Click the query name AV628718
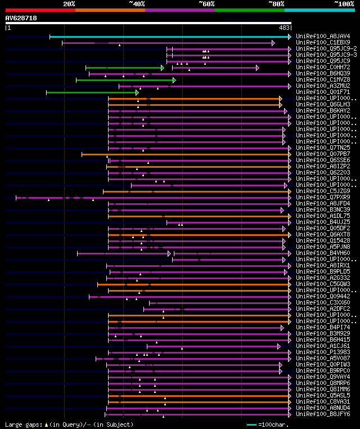[21, 18]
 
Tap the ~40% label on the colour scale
[137, 3]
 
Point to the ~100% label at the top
[344, 3]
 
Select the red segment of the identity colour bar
[40, 10]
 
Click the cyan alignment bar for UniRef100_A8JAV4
[169, 37]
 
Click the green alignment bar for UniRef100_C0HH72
[124, 68]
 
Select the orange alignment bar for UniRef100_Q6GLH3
[194, 105]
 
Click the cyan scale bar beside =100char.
[251, 424]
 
